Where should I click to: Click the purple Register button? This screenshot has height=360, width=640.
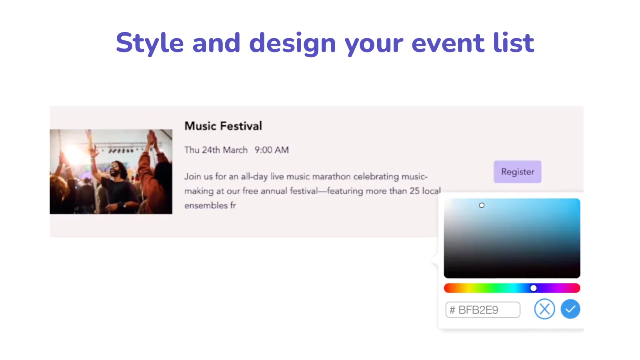click(518, 172)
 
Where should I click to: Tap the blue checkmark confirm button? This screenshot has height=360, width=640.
click(570, 309)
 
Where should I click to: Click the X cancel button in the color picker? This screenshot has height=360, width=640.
click(544, 309)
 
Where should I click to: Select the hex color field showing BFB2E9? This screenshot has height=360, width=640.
click(482, 310)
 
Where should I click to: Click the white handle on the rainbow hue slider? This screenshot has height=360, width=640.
click(534, 288)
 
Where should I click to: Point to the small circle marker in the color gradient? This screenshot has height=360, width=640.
click(482, 205)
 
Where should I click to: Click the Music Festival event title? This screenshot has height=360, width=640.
click(223, 126)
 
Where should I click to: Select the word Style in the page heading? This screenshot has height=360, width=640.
click(150, 43)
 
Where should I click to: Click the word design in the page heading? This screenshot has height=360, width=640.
click(292, 44)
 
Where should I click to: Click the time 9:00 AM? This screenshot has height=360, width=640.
click(272, 150)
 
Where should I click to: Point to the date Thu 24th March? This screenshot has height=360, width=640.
click(216, 150)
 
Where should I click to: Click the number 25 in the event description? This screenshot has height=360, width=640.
click(414, 191)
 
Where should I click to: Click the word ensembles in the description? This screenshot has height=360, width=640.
click(206, 206)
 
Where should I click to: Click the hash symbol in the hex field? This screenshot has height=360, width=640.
click(452, 310)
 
